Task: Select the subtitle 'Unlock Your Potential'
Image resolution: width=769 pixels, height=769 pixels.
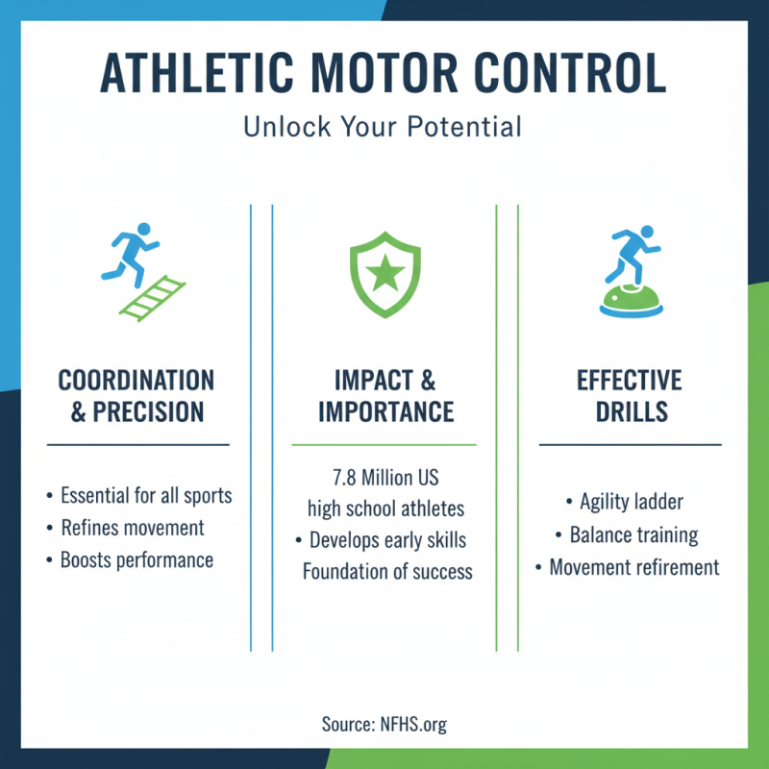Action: click(384, 126)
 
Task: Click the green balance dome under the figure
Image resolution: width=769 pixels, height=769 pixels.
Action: click(631, 301)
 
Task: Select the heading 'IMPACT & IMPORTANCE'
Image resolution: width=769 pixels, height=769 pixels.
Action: click(384, 395)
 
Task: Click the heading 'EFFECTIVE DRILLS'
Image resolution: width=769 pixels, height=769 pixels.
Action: click(630, 395)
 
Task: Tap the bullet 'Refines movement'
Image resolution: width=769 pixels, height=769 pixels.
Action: click(132, 528)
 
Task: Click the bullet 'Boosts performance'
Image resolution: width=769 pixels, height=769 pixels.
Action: click(136, 559)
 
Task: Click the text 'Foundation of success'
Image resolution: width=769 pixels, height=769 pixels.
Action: click(387, 571)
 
